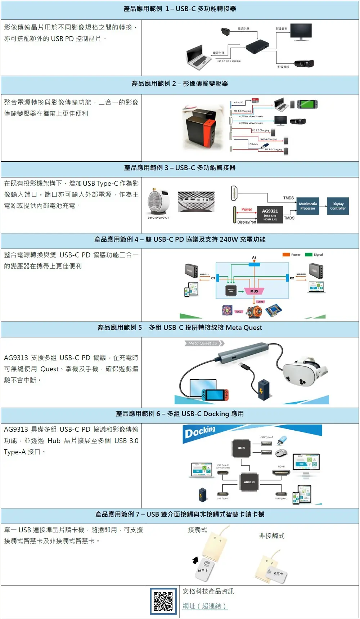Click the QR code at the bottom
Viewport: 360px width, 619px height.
163,601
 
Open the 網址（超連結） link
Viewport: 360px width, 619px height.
205,606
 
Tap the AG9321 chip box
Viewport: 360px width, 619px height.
270,215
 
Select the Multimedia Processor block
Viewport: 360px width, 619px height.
308,206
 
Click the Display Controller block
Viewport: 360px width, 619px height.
338,206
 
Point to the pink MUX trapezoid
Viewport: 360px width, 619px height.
254,291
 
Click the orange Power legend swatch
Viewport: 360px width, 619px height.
286,255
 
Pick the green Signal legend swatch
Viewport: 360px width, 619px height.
309,255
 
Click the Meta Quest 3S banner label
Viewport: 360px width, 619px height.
203,343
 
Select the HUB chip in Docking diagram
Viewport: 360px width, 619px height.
241,448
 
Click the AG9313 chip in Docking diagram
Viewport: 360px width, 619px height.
249,481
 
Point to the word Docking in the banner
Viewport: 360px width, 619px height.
200,432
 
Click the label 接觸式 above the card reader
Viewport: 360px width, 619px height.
197,530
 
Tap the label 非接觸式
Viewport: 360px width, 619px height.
271,536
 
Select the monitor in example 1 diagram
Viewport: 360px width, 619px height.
301,32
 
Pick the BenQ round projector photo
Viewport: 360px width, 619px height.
158,202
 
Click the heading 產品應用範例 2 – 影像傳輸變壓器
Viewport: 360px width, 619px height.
180,84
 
